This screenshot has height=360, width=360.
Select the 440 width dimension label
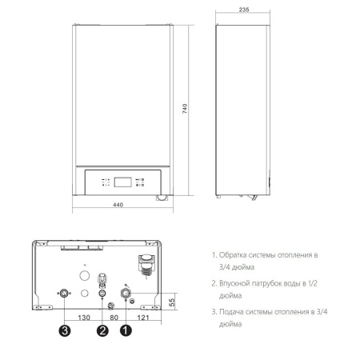(118, 206)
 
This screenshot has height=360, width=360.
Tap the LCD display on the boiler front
(121, 180)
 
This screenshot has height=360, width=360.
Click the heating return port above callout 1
(126, 293)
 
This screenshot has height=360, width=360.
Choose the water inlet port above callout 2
(102, 293)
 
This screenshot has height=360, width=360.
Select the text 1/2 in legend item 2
(313, 282)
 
